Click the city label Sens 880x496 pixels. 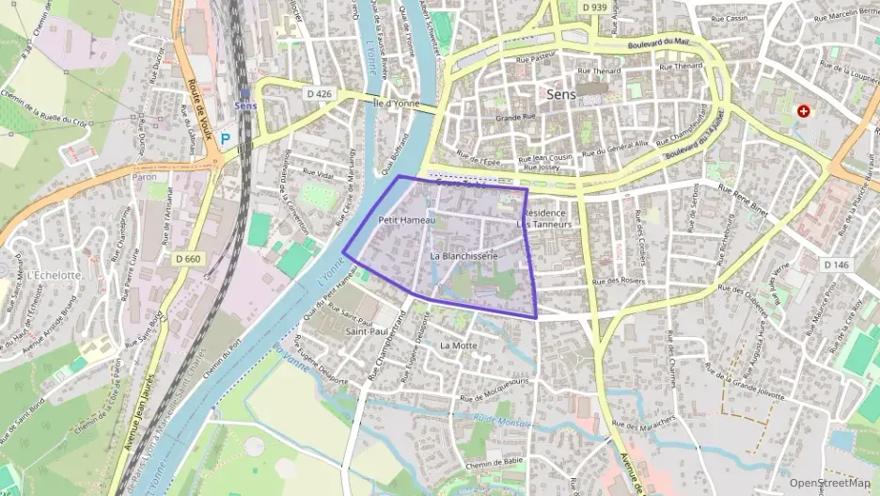pos(562,94)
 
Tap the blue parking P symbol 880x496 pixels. pos(225,137)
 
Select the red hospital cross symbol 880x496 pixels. pos(804,111)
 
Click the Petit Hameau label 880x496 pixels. pos(407,219)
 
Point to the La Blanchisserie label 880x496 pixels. pos(462,255)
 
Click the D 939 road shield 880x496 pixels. pos(593,8)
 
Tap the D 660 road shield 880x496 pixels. pos(188,258)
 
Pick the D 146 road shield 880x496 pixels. pos(836,264)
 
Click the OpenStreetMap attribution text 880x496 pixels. pos(830,483)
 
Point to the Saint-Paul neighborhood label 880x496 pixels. pos(368,331)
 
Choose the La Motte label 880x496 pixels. pos(459,345)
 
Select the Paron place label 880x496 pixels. pos(144,176)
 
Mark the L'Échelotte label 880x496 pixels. pos(54,274)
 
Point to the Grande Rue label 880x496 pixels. pos(515,118)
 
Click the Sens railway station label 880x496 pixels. pos(245,105)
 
